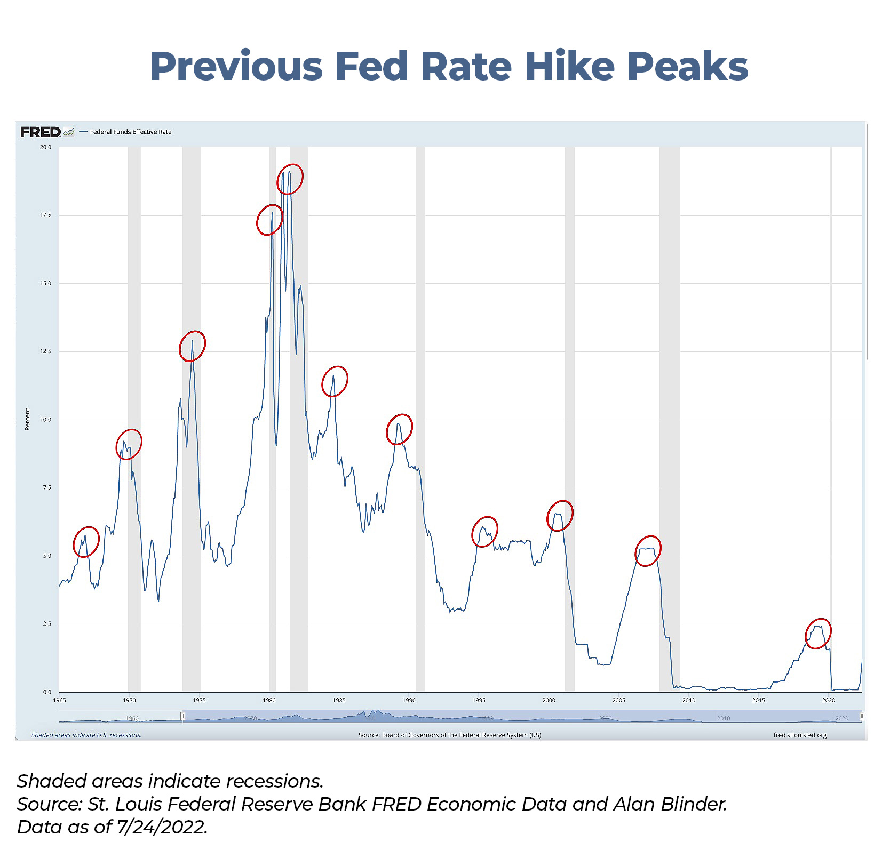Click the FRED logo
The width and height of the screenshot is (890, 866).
click(x=41, y=132)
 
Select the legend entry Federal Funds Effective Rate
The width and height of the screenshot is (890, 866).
click(x=130, y=132)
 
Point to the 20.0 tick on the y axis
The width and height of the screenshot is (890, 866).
click(x=46, y=147)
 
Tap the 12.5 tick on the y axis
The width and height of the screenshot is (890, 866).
click(x=46, y=351)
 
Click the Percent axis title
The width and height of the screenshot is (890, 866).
click(x=27, y=419)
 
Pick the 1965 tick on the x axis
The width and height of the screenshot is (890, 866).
click(x=59, y=700)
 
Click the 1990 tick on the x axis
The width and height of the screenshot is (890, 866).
click(x=409, y=700)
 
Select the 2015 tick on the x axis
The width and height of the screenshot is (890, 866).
click(x=758, y=700)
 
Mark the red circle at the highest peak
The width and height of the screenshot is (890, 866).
click(x=290, y=179)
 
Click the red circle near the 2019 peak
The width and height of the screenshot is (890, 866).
click(x=818, y=634)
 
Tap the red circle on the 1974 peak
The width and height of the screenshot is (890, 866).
click(x=192, y=346)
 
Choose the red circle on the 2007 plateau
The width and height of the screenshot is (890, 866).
click(x=648, y=551)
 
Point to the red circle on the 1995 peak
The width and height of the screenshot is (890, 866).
click(x=484, y=532)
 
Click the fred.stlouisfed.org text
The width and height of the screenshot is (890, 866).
click(x=799, y=735)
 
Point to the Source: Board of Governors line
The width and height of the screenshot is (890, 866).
click(x=449, y=735)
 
